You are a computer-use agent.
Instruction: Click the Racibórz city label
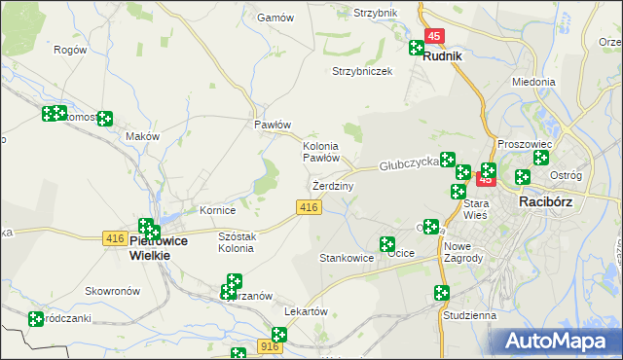551,201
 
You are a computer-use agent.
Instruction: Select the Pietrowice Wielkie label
150,247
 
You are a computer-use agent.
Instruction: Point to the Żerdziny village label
334,185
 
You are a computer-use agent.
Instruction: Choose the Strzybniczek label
362,72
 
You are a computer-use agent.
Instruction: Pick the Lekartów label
302,310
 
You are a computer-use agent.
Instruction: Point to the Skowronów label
108,291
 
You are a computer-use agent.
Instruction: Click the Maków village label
142,137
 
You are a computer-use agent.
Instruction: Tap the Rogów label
70,50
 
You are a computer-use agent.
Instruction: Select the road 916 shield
271,346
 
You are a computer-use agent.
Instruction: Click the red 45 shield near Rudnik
434,36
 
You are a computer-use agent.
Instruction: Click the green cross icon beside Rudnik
417,47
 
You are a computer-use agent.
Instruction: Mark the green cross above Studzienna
441,293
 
